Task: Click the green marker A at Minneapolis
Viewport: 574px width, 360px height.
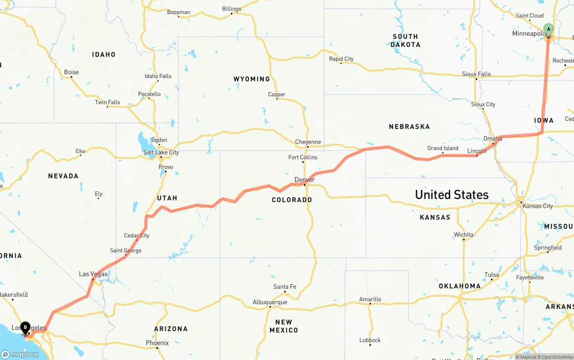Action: [548, 30]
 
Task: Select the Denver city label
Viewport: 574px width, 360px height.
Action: [304, 180]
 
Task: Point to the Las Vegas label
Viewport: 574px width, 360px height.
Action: [93, 274]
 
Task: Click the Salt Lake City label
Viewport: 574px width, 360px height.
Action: [161, 152]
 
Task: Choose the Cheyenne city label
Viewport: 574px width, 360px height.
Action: [308, 142]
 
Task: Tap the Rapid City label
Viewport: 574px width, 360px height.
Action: [341, 59]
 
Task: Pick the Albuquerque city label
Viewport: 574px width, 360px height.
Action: [270, 302]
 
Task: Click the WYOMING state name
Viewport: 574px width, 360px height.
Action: [252, 79]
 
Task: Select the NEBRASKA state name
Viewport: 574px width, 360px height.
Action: [409, 127]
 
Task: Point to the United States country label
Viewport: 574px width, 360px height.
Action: [452, 195]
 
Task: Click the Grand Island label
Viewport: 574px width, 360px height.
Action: [443, 148]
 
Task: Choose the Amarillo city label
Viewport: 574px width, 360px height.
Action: [370, 299]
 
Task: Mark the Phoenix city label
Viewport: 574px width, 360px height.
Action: [157, 343]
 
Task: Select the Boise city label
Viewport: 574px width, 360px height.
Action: [71, 72]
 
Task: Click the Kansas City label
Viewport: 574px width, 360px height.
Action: [538, 206]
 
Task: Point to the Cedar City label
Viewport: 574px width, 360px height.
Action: [137, 235]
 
